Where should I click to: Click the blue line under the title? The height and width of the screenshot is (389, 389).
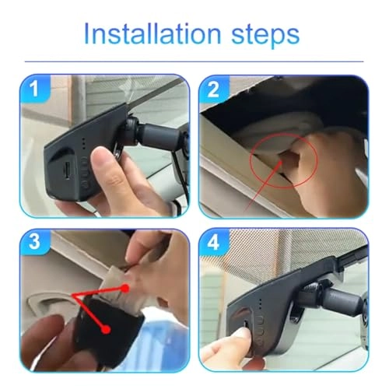194,61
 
